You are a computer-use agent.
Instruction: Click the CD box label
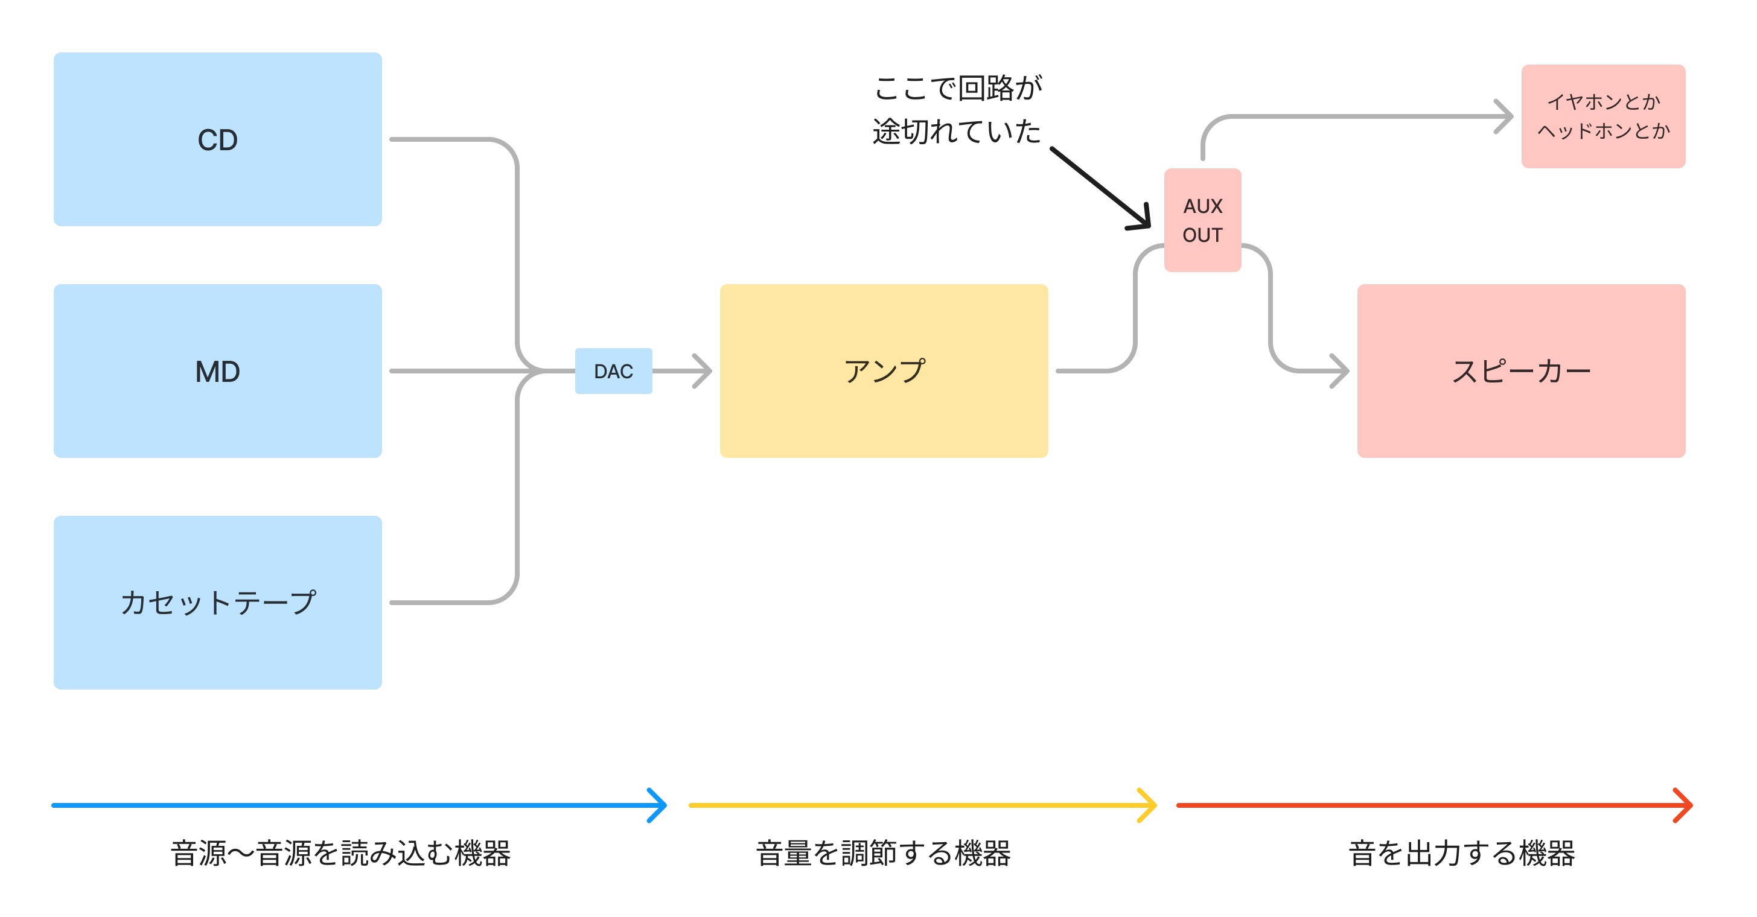(217, 140)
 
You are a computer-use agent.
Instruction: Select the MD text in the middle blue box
(217, 372)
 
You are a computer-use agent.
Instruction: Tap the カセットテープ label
(217, 603)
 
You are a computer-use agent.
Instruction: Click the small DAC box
(613, 371)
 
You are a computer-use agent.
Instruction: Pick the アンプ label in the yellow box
(884, 371)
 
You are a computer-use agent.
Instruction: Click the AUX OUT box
(1202, 220)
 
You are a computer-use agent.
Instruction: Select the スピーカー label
(1521, 371)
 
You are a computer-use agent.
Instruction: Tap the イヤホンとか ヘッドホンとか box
(1603, 116)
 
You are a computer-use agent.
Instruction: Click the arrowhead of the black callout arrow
(1144, 221)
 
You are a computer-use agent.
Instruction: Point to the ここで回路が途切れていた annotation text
(957, 109)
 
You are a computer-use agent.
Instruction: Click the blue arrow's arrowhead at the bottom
(660, 805)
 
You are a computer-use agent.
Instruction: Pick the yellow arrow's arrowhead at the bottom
(1150, 805)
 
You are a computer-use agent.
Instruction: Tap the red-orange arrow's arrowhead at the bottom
(1686, 805)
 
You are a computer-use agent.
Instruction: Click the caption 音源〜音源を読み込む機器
(340, 853)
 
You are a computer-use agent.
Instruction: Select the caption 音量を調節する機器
(883, 853)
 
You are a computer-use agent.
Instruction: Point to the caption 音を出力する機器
(1462, 853)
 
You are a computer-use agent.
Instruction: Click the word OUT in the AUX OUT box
(1202, 235)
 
